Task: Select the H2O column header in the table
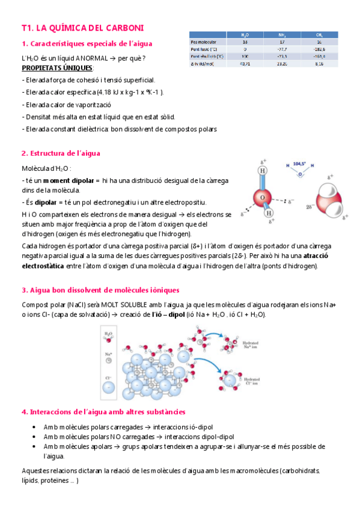point(245,35)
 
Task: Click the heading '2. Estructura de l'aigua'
point(61,153)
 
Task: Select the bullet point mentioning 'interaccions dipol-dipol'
point(139,437)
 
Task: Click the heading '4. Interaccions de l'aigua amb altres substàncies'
point(103,412)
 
